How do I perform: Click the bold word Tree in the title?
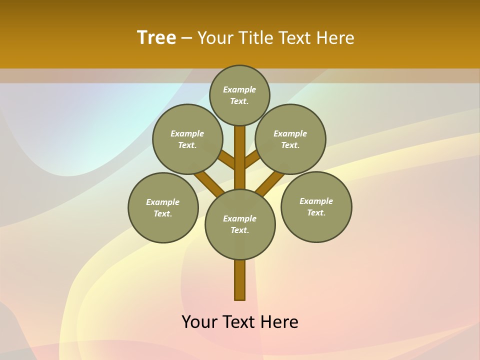tap(156, 38)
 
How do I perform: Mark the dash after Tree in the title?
tap(186, 38)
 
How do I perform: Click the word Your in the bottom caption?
tap(200, 322)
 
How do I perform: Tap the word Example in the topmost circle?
tap(239, 89)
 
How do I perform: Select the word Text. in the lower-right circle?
tap(316, 212)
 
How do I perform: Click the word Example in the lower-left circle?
tap(163, 202)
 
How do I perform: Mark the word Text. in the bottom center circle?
tap(239, 230)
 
